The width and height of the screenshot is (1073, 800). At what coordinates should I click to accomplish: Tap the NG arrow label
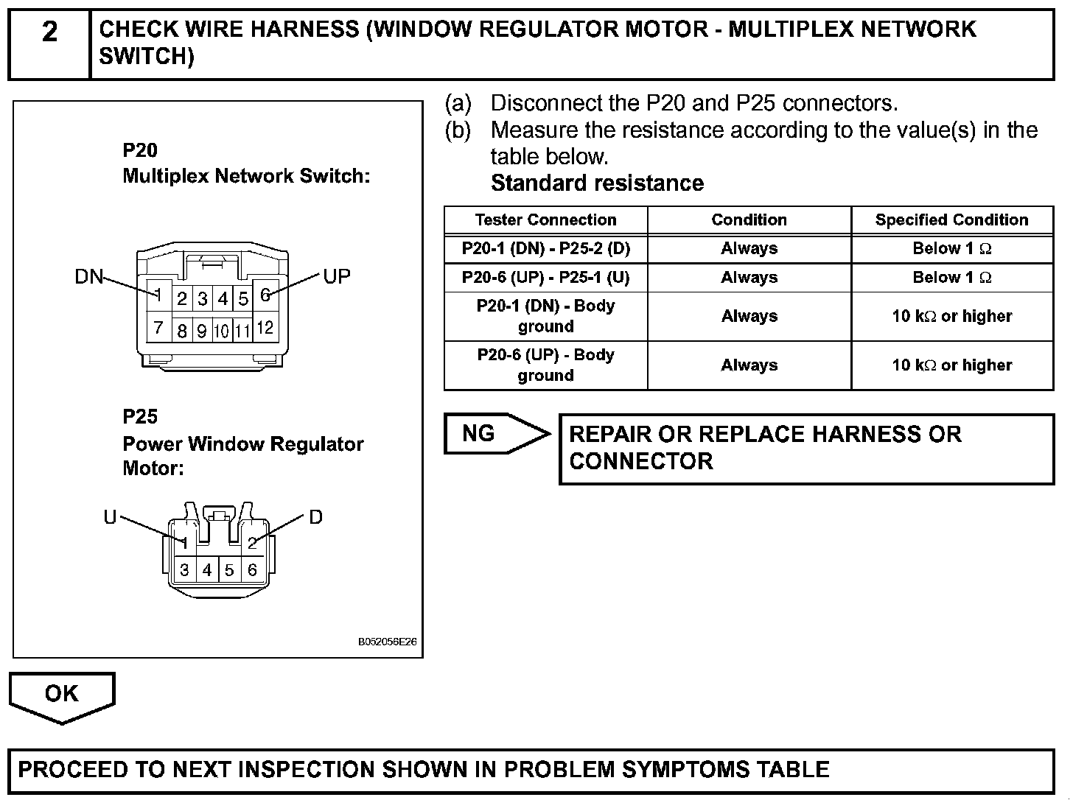479,433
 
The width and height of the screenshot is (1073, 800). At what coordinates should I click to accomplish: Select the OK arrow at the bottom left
61,694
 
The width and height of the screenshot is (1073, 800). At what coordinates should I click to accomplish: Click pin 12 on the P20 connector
265,328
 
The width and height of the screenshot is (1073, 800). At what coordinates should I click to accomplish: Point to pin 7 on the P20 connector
158,326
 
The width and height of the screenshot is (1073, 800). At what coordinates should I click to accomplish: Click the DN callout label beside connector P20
88,277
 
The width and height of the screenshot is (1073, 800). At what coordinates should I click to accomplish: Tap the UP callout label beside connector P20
337,277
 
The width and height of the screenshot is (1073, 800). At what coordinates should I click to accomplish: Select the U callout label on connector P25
110,517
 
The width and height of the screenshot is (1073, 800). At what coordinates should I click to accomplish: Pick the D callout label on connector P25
315,517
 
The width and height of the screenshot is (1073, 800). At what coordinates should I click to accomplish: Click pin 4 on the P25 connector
207,570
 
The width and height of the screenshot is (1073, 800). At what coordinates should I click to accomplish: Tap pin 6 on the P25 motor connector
252,570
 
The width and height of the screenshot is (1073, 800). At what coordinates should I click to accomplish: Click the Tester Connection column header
545,220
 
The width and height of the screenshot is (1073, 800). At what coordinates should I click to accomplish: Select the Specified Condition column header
951,220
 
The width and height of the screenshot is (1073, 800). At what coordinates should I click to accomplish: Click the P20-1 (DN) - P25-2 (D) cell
545,248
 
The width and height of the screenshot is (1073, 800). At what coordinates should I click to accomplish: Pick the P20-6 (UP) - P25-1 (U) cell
545,278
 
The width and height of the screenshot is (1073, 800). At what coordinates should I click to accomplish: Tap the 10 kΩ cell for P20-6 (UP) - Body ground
951,365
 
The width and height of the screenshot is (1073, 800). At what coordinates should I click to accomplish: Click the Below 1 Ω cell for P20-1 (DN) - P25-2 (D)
951,248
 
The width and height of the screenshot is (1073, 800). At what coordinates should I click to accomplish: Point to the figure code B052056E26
388,642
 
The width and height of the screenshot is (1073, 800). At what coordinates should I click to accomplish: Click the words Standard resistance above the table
597,183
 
